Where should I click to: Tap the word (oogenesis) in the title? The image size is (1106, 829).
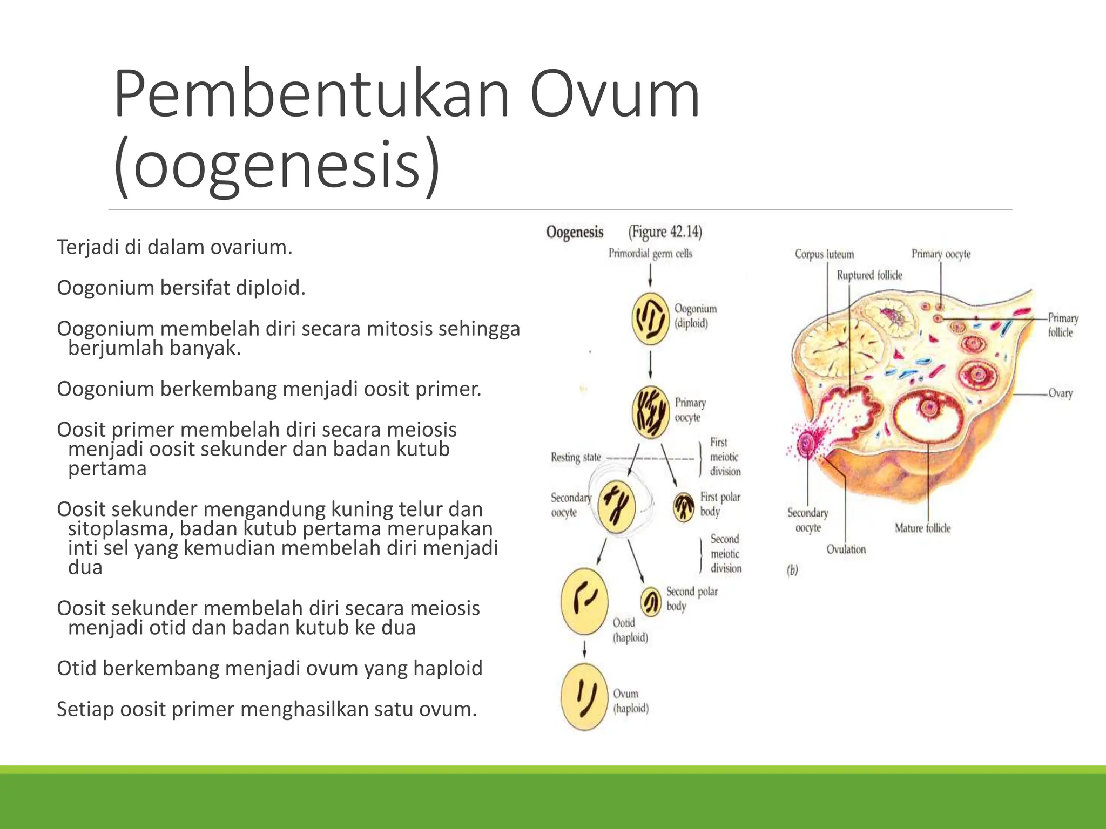click(277, 165)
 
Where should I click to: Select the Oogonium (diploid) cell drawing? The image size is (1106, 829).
click(650, 319)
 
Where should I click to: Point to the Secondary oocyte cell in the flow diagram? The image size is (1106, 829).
click(616, 506)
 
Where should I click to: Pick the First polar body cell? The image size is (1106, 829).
click(684, 507)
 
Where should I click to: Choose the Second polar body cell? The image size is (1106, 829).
click(651, 601)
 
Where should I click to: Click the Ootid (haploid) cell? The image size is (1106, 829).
click(584, 601)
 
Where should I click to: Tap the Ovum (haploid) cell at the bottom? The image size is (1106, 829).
click(584, 697)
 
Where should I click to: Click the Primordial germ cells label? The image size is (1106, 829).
click(650, 253)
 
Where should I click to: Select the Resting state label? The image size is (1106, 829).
click(576, 457)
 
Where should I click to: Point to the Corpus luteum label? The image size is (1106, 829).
click(824, 254)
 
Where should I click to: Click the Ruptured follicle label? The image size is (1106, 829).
click(869, 275)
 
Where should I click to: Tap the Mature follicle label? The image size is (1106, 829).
click(922, 528)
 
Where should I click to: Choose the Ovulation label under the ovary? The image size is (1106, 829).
click(846, 549)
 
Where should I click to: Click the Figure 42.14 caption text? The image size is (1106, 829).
click(665, 232)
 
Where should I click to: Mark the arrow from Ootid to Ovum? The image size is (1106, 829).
click(584, 649)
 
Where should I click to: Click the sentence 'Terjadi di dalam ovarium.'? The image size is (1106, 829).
click(174, 247)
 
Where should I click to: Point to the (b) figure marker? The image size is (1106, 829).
click(792, 570)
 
